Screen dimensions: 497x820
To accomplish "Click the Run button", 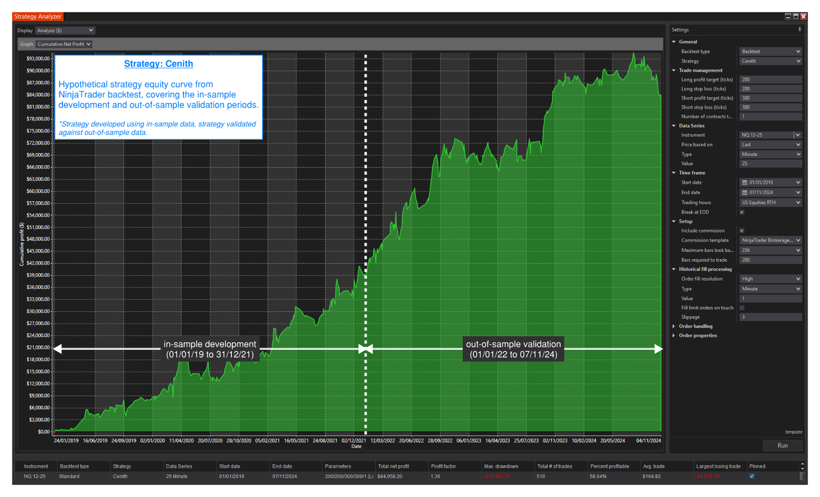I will pos(782,445).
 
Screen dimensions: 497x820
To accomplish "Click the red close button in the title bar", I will pos(804,16).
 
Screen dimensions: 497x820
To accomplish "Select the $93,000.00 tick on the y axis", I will pos(38,58).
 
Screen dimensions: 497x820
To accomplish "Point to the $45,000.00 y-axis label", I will pos(38,251).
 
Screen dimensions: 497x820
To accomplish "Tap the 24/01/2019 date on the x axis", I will pos(66,440).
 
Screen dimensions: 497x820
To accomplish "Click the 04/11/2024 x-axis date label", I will pos(648,440).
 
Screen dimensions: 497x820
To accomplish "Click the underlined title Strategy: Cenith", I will pos(158,64).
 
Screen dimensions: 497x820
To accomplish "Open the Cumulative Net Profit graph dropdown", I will pos(64,44).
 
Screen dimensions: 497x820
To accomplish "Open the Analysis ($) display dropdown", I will pos(65,31).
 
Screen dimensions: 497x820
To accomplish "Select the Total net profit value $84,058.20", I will pos(390,477).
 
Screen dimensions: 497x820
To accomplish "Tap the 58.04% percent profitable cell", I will pos(602,477).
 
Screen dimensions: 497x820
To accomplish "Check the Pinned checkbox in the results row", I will pos(752,476).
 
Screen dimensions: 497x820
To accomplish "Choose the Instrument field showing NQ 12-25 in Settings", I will pos(766,135).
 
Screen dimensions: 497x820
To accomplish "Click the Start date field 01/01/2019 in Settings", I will pos(770,182).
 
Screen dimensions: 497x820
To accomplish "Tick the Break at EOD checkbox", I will pos(742,212).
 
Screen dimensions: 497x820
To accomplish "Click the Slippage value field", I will pos(770,317).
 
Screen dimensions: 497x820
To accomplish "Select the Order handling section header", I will pos(695,326).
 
